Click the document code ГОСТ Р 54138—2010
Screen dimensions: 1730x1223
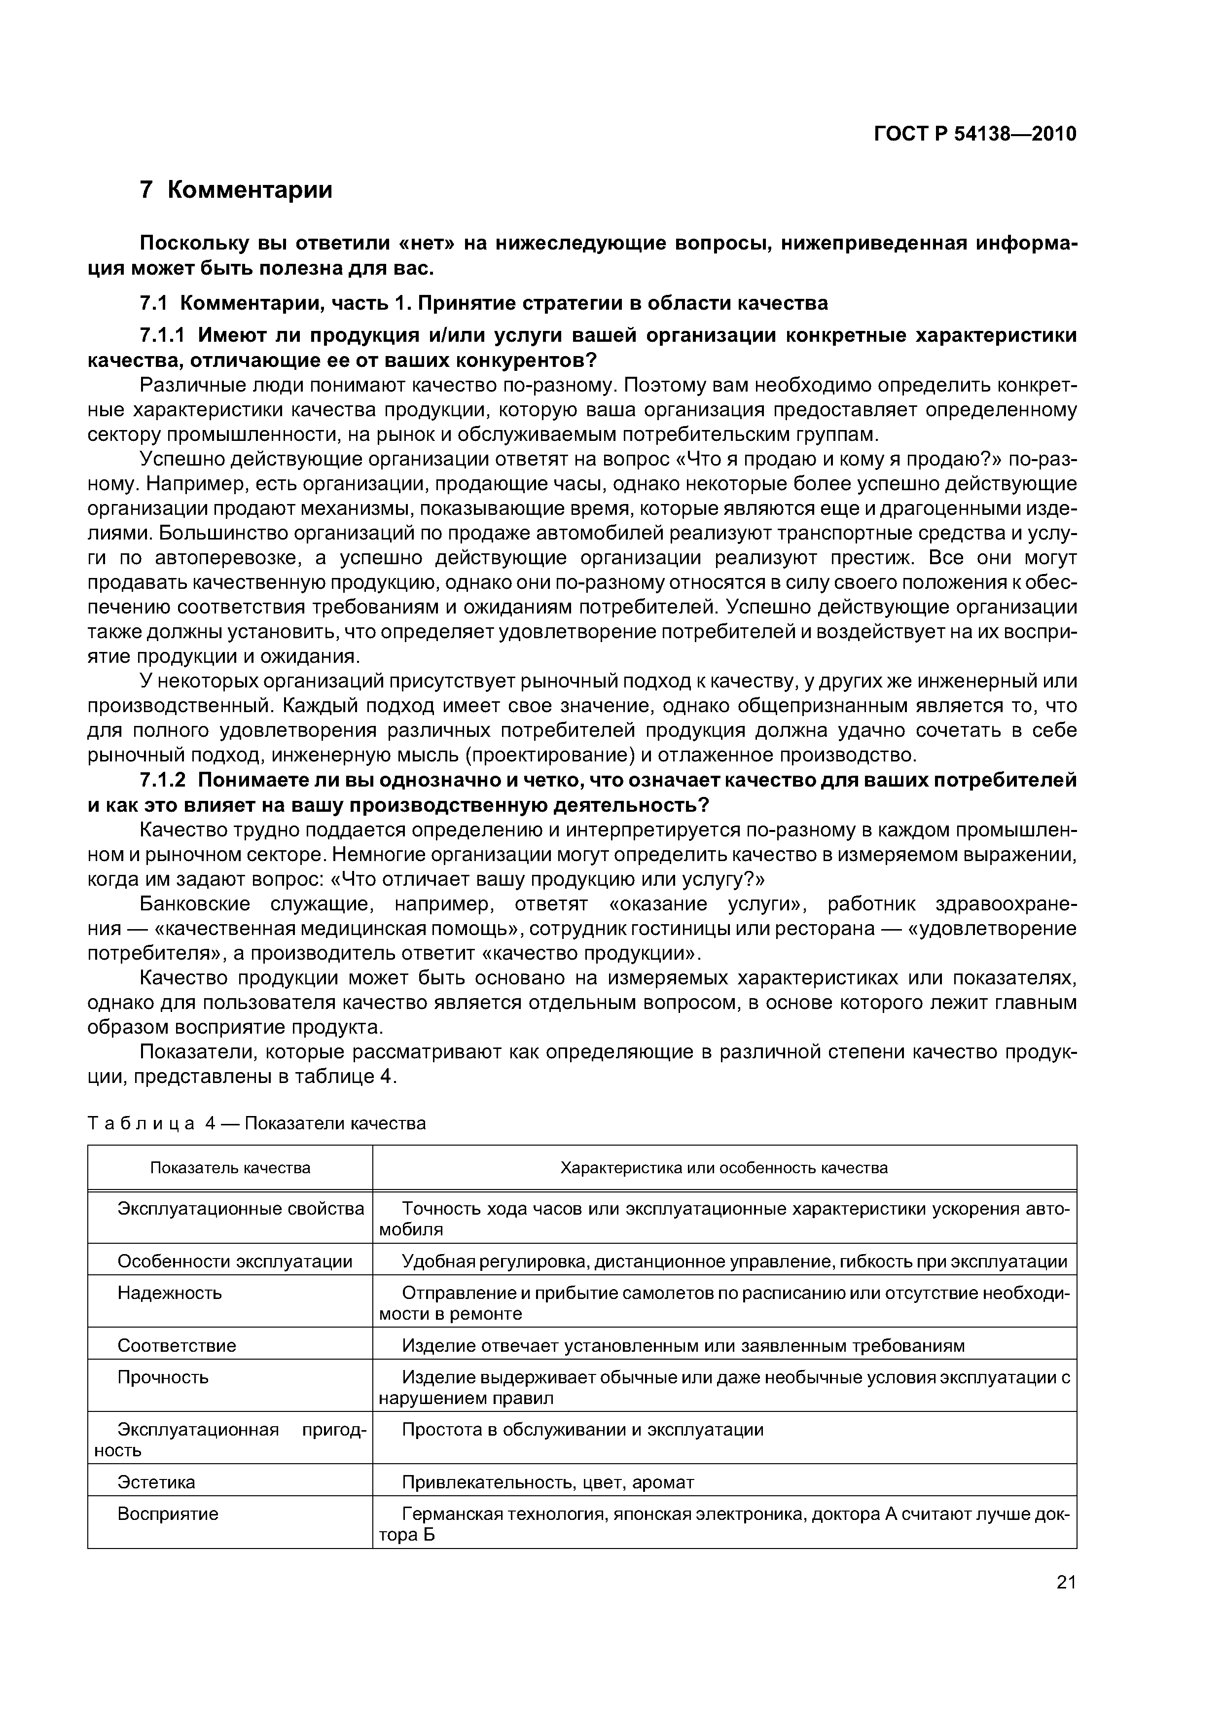(974, 134)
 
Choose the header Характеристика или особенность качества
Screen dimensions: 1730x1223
(723, 1168)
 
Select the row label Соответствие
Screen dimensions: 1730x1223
(177, 1346)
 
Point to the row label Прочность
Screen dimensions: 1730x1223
(163, 1377)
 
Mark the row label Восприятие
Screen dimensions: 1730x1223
(167, 1514)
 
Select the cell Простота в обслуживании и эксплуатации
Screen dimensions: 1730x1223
(582, 1430)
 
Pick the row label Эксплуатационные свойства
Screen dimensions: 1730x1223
(240, 1209)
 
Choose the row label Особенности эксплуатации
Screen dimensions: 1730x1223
(234, 1261)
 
